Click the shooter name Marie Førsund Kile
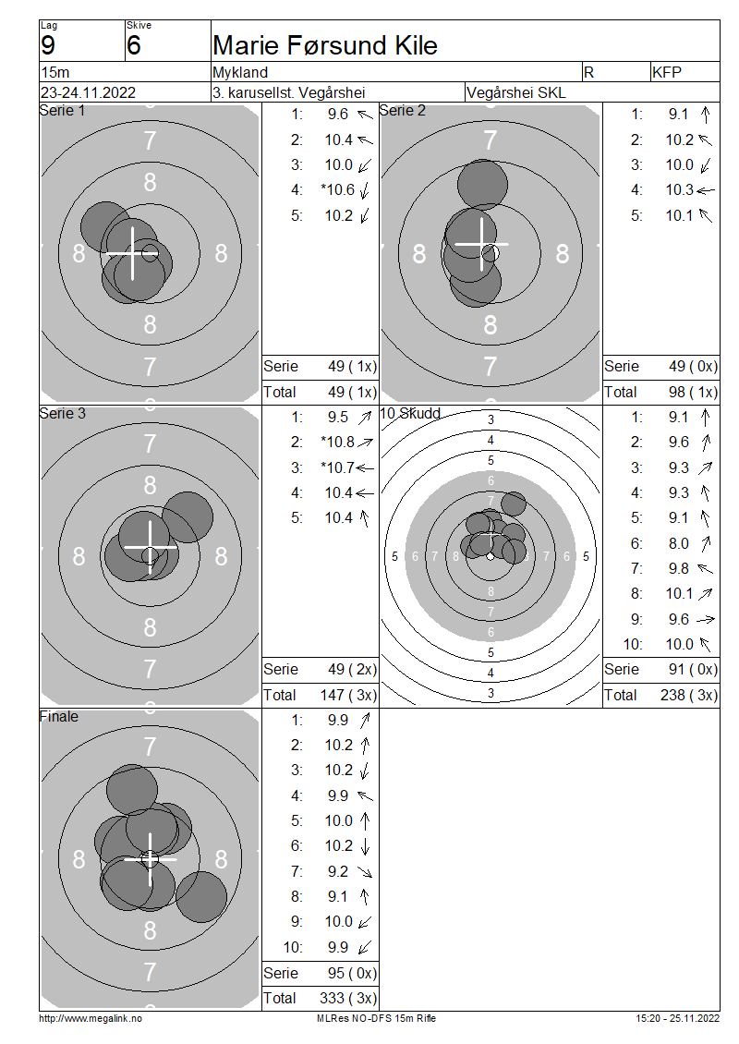[x=325, y=45]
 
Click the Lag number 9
[x=48, y=45]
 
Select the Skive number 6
[x=133, y=45]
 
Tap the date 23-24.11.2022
[x=88, y=92]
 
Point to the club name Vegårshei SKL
[x=516, y=92]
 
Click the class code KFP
[x=666, y=72]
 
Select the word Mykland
[x=240, y=72]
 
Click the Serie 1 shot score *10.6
[x=337, y=190]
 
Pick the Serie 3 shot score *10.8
[x=337, y=443]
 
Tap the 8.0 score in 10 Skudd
[x=678, y=543]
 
